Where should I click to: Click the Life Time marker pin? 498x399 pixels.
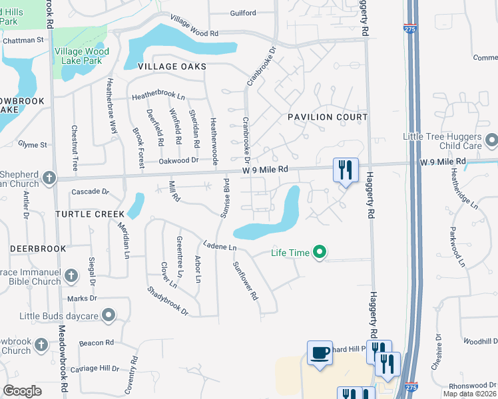[320, 252]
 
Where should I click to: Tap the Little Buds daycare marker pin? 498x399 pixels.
[109, 315]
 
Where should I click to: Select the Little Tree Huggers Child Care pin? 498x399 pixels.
[491, 141]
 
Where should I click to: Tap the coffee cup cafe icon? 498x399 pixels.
[320, 352]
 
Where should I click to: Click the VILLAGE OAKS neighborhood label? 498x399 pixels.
[172, 66]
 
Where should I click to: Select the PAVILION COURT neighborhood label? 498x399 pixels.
[328, 117]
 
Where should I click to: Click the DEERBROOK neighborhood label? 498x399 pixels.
[38, 249]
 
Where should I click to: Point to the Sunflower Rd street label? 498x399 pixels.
[245, 281]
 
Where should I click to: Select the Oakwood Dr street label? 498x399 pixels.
[179, 160]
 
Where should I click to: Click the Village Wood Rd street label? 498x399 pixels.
[194, 26]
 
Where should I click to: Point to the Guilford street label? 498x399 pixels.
[243, 13]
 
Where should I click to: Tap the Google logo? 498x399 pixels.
[22, 391]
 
